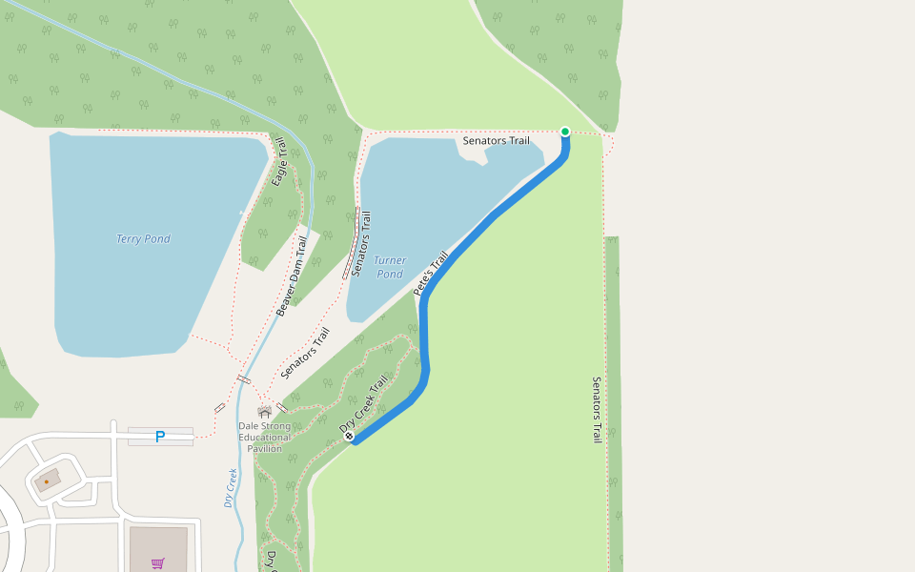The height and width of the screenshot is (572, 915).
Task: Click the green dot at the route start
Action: pos(565,132)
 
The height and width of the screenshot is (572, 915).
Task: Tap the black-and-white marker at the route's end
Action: pos(350,436)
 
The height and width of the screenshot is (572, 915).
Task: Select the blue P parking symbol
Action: pos(160,437)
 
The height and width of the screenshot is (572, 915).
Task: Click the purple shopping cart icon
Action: pos(158,563)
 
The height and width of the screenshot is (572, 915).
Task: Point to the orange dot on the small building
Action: pos(46,481)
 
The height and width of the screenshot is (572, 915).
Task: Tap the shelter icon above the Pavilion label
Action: pos(264,411)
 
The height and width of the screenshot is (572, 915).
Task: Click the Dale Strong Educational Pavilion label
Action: pos(265,437)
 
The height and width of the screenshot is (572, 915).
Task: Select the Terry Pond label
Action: pos(143,238)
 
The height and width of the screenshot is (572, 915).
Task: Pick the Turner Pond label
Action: pos(389,267)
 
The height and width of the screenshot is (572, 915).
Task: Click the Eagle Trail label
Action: pos(279,162)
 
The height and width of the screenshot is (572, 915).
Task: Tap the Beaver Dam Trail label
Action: pos(293,276)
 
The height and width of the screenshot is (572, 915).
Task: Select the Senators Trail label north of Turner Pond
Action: pos(496,141)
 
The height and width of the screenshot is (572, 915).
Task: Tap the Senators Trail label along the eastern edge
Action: pos(597,410)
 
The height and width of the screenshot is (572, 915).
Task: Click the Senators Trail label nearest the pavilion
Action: pos(305,353)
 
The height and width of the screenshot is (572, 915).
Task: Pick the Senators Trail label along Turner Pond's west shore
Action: pos(361,244)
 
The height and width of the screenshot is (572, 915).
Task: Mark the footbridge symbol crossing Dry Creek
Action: pos(244,379)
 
